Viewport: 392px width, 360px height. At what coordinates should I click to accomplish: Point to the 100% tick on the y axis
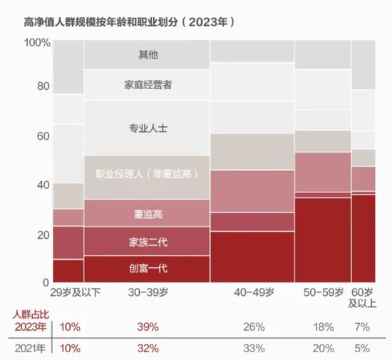point(36,43)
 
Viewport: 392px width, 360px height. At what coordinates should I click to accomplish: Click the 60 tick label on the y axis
point(43,136)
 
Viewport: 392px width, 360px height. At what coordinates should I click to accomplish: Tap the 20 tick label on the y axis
point(43,235)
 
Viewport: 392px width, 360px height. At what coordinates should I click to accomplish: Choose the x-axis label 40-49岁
point(252,292)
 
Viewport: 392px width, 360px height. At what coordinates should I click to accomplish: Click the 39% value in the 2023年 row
point(147,327)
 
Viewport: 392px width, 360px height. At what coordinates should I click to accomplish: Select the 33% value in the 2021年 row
point(252,348)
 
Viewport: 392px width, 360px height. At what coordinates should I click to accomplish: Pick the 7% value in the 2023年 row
point(362,327)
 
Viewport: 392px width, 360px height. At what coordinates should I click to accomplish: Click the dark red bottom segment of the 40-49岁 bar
point(252,257)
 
